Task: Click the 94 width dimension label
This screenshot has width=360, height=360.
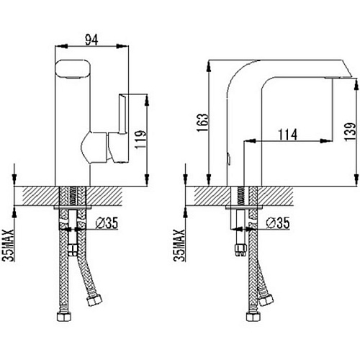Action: click(x=92, y=40)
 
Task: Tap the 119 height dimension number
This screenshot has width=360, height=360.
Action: click(x=140, y=140)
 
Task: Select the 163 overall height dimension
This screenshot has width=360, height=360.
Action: click(x=202, y=122)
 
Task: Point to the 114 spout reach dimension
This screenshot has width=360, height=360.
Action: click(x=287, y=135)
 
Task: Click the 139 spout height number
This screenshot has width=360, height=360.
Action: click(x=350, y=132)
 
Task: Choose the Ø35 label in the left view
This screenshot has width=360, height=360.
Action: click(x=107, y=223)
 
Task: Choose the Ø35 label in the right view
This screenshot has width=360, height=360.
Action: click(x=278, y=223)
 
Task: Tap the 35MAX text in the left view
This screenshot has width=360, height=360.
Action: click(x=9, y=245)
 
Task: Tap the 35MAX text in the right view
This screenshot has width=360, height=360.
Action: click(x=179, y=245)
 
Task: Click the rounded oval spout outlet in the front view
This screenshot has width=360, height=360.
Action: click(x=73, y=69)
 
